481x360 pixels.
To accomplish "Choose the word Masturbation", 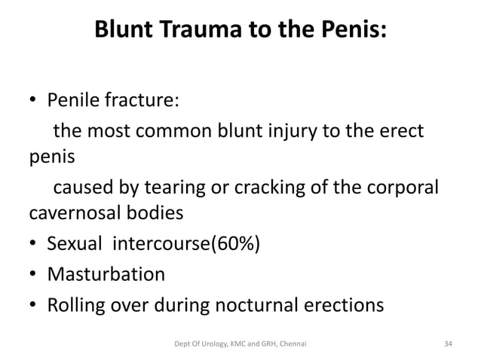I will point(106,274).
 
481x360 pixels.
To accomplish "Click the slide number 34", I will point(449,343).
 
